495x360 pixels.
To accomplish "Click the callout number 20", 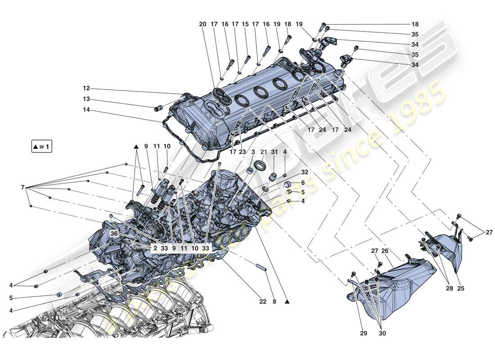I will pos(202,24).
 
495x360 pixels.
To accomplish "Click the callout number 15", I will pos(245,24).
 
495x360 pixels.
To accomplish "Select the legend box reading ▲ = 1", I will pos(41,147).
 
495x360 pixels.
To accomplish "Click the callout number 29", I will pos(363,333).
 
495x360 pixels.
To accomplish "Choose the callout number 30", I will pos(382,333).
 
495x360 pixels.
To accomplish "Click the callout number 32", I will pos(305,172).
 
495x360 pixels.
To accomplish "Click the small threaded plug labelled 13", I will pos(158,108).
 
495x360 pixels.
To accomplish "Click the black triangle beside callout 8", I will pos(287,302).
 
